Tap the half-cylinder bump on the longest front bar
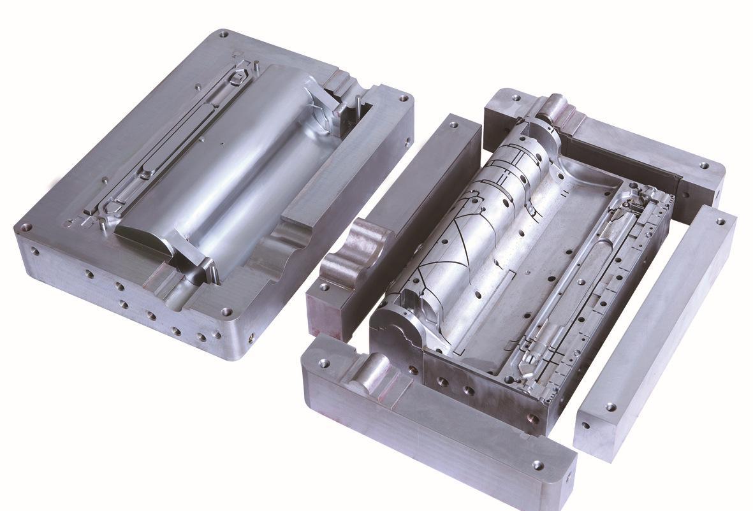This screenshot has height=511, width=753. pos(370,375)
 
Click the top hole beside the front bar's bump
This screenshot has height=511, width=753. pos(324,363)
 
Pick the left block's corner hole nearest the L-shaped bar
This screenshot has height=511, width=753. pos(404,99)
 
